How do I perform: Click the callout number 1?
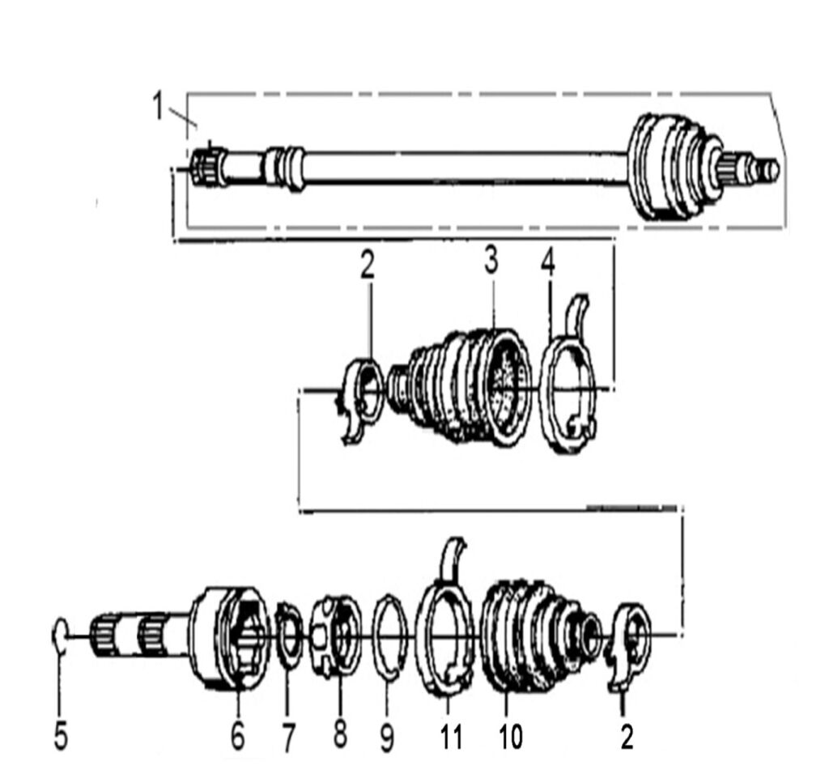[x=158, y=105]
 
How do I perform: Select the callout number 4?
[x=548, y=262]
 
